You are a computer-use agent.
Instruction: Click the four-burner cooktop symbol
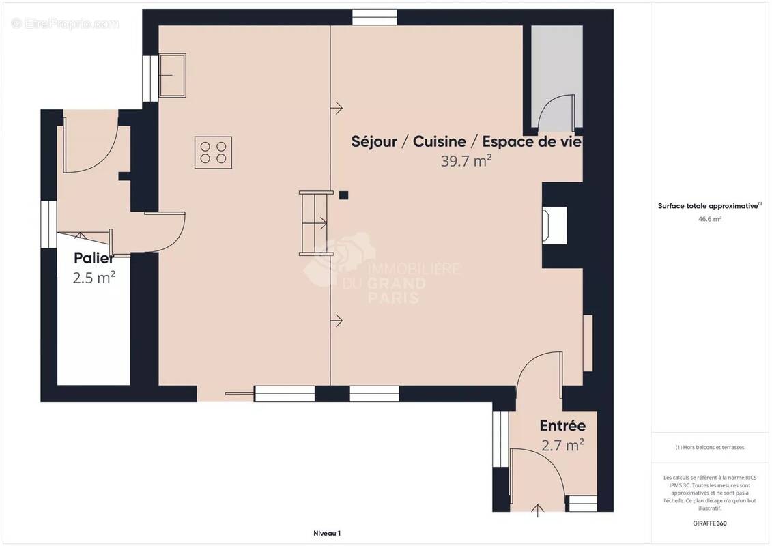click(x=213, y=153)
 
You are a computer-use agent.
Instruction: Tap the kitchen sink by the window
click(x=172, y=75)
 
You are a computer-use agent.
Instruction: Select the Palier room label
click(x=94, y=257)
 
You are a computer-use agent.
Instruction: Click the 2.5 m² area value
click(x=94, y=277)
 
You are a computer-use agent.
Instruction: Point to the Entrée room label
click(x=562, y=425)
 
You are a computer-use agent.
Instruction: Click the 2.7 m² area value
click(x=562, y=445)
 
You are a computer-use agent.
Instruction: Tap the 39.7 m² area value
click(x=466, y=161)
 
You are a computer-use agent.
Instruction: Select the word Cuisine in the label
click(x=439, y=141)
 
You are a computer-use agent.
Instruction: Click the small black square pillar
click(x=343, y=195)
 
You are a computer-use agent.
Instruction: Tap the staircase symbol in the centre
click(x=314, y=223)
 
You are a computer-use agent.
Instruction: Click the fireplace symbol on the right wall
click(x=554, y=225)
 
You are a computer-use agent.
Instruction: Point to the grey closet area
click(x=557, y=76)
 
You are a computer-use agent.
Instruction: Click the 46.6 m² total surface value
click(x=709, y=219)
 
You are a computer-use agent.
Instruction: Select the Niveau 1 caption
click(x=327, y=533)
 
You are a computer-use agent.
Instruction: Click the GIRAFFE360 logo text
click(x=709, y=523)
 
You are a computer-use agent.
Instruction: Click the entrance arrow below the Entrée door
click(x=537, y=511)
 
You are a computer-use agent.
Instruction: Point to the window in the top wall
click(x=375, y=17)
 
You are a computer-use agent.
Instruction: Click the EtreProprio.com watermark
click(x=66, y=23)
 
